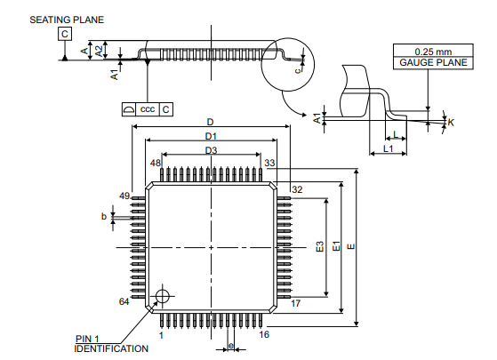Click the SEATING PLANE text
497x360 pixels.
click(x=67, y=20)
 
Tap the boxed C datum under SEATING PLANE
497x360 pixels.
click(x=65, y=34)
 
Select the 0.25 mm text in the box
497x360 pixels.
click(x=433, y=52)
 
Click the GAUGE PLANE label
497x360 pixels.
click(x=433, y=62)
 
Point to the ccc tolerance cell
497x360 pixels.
click(x=148, y=109)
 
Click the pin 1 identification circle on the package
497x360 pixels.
click(x=163, y=296)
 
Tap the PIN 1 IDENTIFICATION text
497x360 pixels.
click(x=111, y=344)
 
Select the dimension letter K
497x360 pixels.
click(x=451, y=123)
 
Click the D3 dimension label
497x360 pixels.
click(x=211, y=150)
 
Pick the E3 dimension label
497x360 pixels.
click(x=320, y=246)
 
